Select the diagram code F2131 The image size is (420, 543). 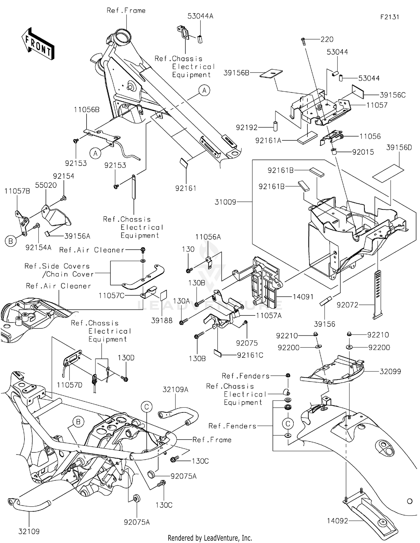pyautogui.click(x=389, y=17)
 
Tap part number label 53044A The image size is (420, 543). pyautogui.click(x=200, y=16)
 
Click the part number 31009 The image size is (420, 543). pyautogui.click(x=225, y=202)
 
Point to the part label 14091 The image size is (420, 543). pyautogui.click(x=303, y=296)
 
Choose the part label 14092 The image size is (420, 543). pyautogui.click(x=337, y=521)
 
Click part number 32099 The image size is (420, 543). pyautogui.click(x=390, y=371)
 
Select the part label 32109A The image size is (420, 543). pyautogui.click(x=176, y=389)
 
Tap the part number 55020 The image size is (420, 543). pyautogui.click(x=46, y=185)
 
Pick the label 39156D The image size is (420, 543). pyautogui.click(x=399, y=147)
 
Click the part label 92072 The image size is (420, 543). pyautogui.click(x=347, y=305)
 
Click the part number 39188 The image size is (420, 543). pyautogui.click(x=162, y=320)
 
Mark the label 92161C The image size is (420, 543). pyautogui.click(x=250, y=355)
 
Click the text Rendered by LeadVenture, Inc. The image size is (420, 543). pyautogui.click(x=210, y=538)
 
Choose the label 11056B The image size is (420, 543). pyautogui.click(x=87, y=110)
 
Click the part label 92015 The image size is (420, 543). pyautogui.click(x=363, y=152)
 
